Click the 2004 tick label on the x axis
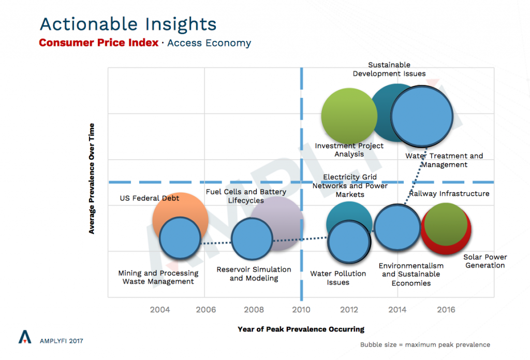160,310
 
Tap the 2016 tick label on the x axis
446,310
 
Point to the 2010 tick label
301,310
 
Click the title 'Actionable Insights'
128,24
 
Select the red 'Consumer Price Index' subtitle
99,43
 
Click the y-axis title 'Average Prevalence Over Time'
92,178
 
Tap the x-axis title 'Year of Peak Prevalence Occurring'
301,329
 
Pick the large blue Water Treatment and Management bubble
421,116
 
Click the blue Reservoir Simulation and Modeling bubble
252,239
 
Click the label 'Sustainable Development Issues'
389,69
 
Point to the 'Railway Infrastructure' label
449,194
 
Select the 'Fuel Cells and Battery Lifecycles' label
246,196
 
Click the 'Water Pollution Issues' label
338,278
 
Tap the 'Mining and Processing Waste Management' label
158,277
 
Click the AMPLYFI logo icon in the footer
24,337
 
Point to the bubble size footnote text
425,344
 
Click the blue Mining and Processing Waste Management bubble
180,238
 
